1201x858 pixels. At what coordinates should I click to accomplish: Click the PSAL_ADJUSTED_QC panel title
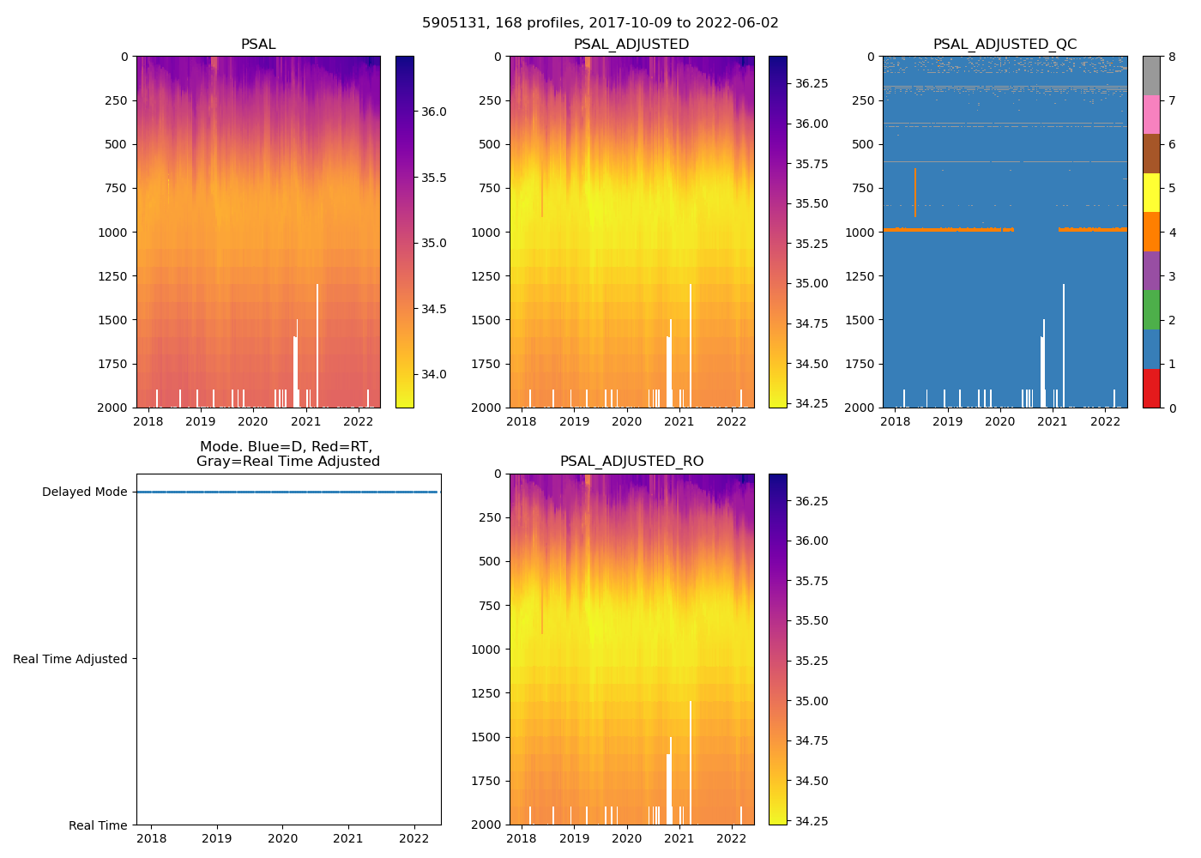coord(1005,45)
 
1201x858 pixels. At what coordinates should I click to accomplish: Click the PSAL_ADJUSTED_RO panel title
coord(631,462)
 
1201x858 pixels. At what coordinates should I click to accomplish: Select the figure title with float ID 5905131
coord(600,23)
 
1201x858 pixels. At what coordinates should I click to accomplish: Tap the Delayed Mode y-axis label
coord(84,492)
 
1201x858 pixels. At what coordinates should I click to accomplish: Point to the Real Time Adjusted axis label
coord(70,659)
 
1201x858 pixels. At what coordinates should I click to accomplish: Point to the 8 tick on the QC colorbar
coord(1172,57)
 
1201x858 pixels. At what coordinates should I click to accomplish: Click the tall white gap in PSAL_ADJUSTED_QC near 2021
coord(1064,343)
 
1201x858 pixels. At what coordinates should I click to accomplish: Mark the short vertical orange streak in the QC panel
coord(915,192)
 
